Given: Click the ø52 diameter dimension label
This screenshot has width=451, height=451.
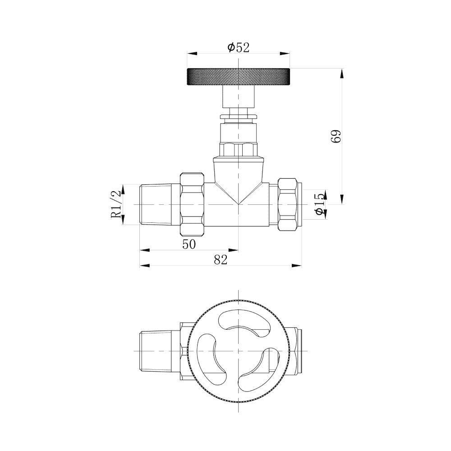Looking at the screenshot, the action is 238,47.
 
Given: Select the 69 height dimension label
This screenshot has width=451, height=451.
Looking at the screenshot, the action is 336,136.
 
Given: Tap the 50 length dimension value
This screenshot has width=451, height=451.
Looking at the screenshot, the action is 189,244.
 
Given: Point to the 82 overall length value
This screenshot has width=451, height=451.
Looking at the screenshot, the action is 221,260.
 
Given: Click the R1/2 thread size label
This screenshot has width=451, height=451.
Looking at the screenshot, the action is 116,204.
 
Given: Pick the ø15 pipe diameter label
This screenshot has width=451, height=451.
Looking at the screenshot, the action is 320,204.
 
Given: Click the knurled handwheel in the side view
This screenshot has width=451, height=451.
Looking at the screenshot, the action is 238,77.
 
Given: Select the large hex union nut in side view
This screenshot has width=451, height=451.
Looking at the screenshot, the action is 192,204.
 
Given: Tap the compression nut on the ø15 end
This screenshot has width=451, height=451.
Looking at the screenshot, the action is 287,204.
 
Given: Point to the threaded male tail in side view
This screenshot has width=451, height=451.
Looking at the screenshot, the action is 160,204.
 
